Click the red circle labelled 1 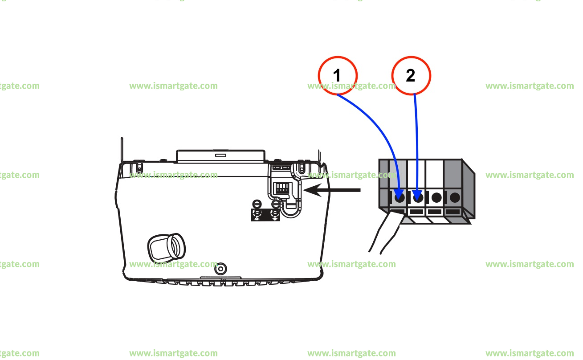[x=338, y=75]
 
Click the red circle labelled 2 [x=411, y=75]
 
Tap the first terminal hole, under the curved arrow [x=400, y=196]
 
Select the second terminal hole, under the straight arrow [x=418, y=196]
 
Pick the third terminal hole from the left [x=436, y=196]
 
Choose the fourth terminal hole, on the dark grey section [x=455, y=196]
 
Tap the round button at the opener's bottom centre [x=220, y=269]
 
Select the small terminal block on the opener [x=282, y=188]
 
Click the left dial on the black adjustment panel [x=257, y=215]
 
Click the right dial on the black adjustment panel [x=275, y=215]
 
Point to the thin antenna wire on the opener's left [x=122, y=149]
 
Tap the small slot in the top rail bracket [x=220, y=155]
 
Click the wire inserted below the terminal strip [x=385, y=234]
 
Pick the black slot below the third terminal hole [x=435, y=211]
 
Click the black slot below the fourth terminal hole [x=453, y=211]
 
